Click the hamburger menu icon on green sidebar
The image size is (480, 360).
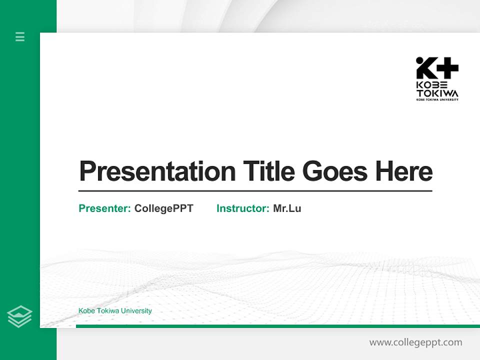[x=20, y=36]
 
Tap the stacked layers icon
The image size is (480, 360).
[x=19, y=316]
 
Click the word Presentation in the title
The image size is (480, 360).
[x=157, y=171]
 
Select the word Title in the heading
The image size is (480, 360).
[x=268, y=171]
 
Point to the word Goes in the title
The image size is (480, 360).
[x=335, y=171]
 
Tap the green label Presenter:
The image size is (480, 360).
[x=104, y=208]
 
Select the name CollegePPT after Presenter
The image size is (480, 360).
[x=163, y=208]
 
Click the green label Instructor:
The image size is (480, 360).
[x=242, y=208]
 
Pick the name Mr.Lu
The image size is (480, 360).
[x=287, y=208]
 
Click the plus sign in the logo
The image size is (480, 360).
[x=447, y=68]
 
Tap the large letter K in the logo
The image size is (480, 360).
[x=425, y=68]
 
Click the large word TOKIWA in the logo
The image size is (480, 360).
[x=437, y=93]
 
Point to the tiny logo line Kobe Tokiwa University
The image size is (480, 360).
[x=437, y=99]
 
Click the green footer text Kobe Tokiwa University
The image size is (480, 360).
[x=115, y=311]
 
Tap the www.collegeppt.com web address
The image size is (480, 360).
[x=415, y=342]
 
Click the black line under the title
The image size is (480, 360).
[x=255, y=190]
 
